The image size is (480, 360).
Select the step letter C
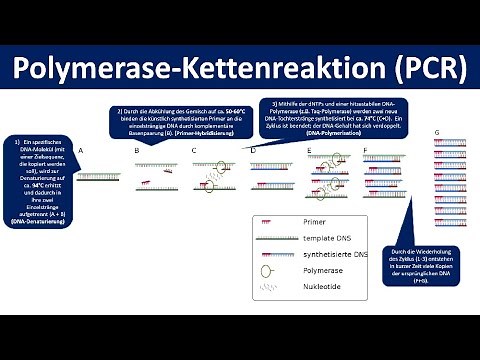pos(194,150)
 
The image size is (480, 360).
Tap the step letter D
pos(253,150)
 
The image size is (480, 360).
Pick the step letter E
pos(309,150)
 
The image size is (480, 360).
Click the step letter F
pos(366,150)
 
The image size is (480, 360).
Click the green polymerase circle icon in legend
pos(267,271)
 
